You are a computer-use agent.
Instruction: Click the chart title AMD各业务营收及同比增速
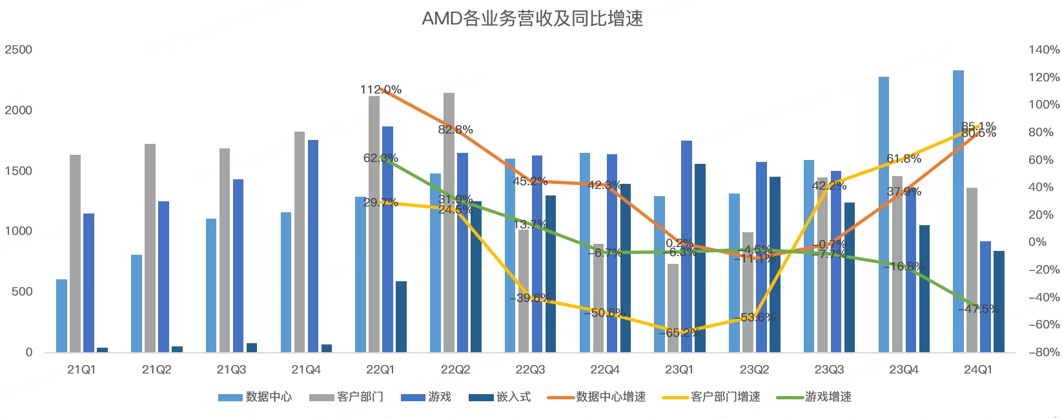[532, 18]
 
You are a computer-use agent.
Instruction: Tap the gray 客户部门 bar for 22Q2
[449, 223]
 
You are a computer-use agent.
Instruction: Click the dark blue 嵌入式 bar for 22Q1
[401, 317]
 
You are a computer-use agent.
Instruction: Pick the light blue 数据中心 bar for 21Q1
[61, 315]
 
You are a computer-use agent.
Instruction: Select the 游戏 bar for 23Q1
[686, 246]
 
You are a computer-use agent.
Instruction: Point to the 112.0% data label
[381, 90]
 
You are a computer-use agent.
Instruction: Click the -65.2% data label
[680, 333]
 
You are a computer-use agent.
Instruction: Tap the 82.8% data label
[455, 130]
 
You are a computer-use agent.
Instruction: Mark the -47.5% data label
[979, 309]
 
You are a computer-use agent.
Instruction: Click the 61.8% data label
[904, 159]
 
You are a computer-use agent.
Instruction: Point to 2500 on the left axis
[18, 50]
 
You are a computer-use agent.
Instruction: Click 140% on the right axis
[1044, 50]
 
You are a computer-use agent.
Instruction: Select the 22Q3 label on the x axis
[530, 370]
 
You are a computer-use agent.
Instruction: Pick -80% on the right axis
[1044, 352]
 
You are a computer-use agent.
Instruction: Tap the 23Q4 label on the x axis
[904, 370]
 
